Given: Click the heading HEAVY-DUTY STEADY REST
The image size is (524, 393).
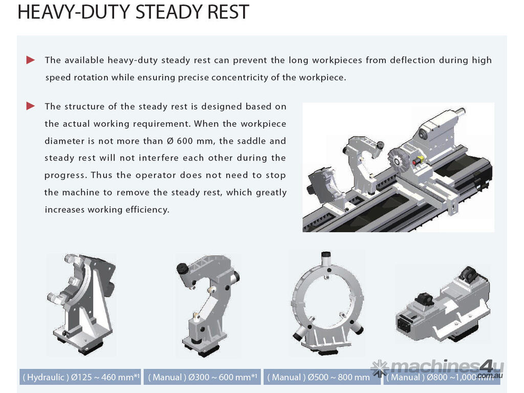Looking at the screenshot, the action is tap(133, 12).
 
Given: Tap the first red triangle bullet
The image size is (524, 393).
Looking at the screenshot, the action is tap(30, 60).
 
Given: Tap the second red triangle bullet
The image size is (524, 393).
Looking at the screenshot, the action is tap(30, 106).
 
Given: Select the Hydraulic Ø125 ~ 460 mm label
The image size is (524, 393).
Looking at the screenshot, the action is tap(80, 377).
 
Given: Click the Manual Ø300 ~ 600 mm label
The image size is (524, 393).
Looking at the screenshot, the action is tap(203, 377).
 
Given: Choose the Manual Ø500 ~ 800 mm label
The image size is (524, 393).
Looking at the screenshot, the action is tap(318, 377).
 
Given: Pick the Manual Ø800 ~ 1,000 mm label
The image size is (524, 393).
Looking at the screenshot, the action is tap(442, 377).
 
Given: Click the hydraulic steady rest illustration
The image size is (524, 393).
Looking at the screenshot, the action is tap(82, 304).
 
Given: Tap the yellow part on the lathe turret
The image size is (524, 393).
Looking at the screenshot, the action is tap(419, 160).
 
